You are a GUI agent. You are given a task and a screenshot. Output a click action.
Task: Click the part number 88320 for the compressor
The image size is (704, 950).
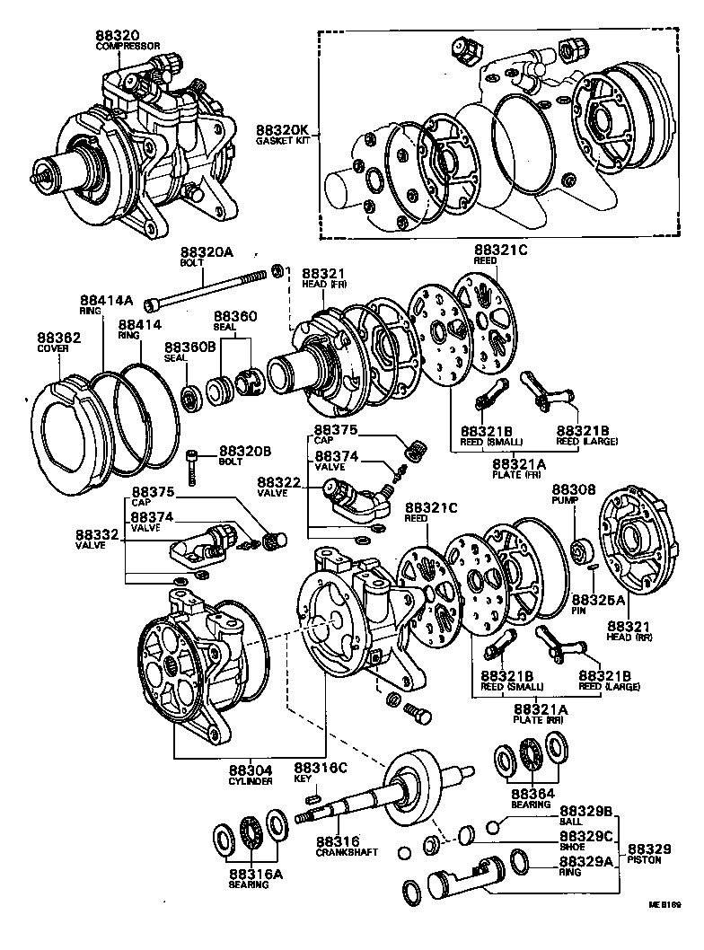[117, 36]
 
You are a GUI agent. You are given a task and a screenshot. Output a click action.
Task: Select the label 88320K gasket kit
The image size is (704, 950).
[280, 130]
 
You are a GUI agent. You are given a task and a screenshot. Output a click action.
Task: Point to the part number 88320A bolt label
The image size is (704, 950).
[206, 254]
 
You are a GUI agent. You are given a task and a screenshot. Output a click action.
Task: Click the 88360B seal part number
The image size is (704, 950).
[189, 347]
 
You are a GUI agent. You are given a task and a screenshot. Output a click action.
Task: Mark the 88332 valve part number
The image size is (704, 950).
[100, 533]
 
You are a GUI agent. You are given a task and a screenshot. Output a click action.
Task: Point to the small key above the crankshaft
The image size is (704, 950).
[314, 796]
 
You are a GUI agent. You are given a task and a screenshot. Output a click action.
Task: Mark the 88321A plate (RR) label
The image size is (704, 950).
[525, 709]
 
